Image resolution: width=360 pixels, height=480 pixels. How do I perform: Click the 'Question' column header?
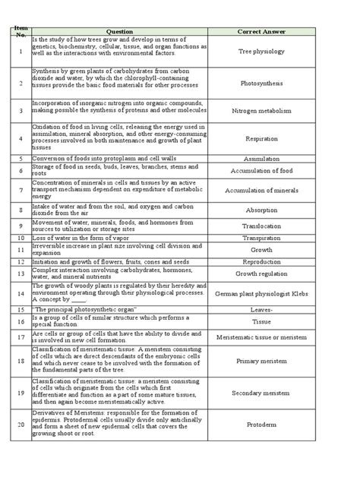[x=119, y=31]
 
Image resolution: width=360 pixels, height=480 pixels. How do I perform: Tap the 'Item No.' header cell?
[x=19, y=31]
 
